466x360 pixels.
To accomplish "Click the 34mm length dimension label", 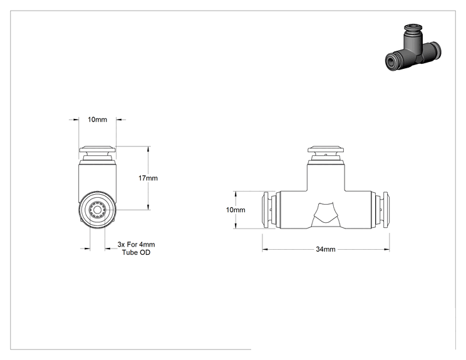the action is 326,249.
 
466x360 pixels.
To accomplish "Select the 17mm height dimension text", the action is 148,178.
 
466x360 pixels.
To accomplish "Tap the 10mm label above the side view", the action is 97,120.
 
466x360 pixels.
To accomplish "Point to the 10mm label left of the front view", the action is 236,210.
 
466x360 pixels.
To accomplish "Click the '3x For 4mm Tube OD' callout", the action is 136,249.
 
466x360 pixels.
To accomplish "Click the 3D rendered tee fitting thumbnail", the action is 413,48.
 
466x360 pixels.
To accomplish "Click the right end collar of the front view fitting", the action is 386,210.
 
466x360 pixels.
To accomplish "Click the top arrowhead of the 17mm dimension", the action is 148,149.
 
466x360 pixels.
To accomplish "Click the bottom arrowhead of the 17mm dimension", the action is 148,207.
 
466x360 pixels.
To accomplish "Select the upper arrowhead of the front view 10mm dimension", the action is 236,194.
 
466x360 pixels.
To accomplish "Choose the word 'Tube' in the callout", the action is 129,252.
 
